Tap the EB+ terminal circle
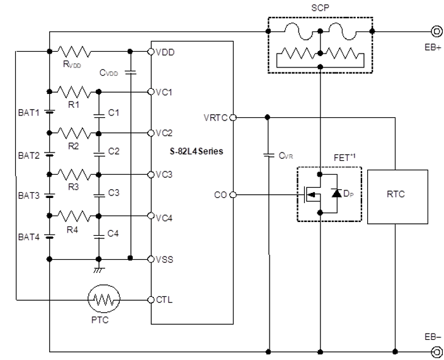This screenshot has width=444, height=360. (435, 30)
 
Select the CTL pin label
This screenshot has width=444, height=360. (164, 299)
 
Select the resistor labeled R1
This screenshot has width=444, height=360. (76, 91)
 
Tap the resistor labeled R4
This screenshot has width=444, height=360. (76, 216)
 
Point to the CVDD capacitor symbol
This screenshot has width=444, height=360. (129, 73)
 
